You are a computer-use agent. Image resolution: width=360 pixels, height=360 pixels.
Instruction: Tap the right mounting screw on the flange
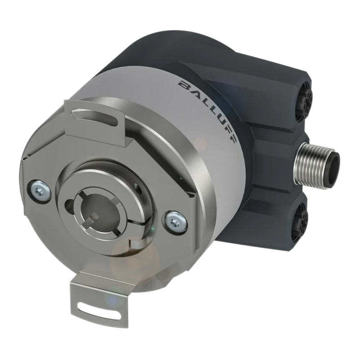tap(175, 220)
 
